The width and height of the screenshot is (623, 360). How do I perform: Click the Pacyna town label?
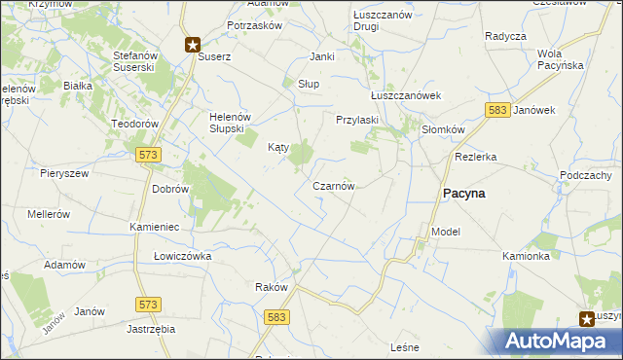coord(464,194)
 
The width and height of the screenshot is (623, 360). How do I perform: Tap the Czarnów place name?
coord(333,186)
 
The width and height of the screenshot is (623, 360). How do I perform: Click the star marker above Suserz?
coord(193,44)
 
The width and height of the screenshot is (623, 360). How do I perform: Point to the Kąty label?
coord(278,148)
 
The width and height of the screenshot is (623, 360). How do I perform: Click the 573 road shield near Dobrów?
coord(148,155)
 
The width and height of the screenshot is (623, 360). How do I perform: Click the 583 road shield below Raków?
coord(276,317)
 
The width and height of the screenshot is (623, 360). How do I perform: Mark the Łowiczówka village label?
coord(182,256)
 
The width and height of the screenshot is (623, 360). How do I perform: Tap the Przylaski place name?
coord(356,120)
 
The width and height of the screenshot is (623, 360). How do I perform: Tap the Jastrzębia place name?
coord(150,329)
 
